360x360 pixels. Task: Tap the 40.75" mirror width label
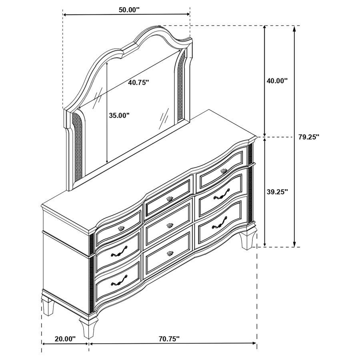point(138,82)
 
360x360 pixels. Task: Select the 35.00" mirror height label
point(119,116)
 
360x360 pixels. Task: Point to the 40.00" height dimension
point(277,80)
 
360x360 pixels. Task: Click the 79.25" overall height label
point(308,137)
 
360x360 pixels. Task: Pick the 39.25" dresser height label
point(277,192)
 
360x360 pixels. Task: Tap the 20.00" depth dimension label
point(65,339)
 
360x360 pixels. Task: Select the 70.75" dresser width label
point(169,339)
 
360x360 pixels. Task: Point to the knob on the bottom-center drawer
point(170,253)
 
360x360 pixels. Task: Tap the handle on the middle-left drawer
point(120,252)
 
